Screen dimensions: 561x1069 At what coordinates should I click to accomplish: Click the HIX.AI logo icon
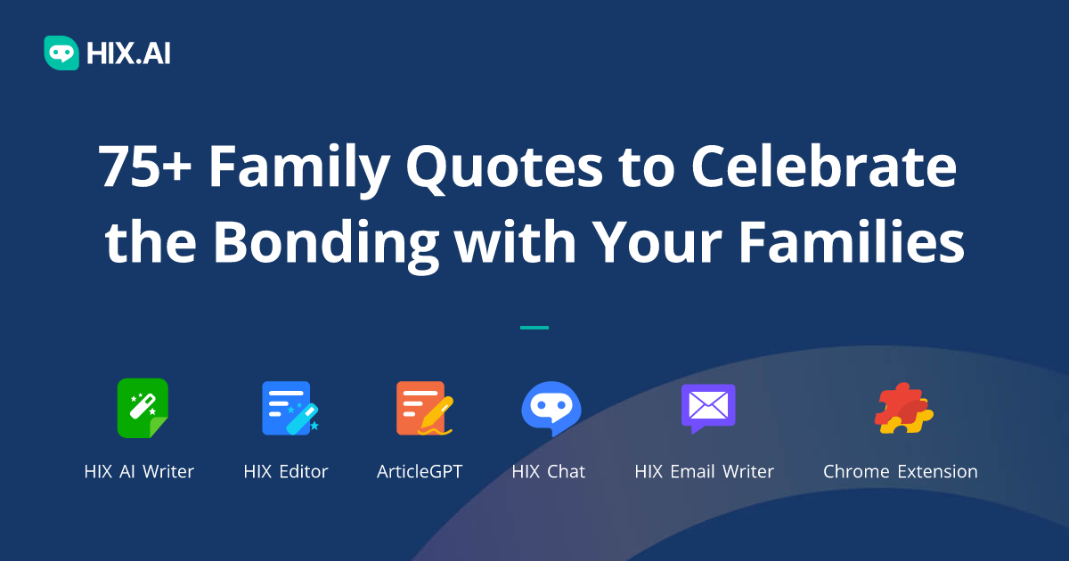click(61, 53)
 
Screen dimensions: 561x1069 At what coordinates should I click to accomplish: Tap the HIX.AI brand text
click(128, 53)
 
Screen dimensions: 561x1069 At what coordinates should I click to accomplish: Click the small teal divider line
click(534, 328)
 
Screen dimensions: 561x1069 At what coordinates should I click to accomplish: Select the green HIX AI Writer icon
click(143, 408)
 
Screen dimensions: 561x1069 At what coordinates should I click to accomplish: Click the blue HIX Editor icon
click(288, 408)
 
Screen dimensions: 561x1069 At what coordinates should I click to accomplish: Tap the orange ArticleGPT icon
click(422, 408)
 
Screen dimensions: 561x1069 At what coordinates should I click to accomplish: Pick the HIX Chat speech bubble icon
click(551, 408)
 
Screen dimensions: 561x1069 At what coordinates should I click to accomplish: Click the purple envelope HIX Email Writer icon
click(707, 408)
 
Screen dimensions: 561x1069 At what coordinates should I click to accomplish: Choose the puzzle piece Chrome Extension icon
click(902, 408)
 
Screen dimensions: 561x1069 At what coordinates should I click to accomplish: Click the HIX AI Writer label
click(139, 472)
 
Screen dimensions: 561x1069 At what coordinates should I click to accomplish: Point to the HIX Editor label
click(286, 472)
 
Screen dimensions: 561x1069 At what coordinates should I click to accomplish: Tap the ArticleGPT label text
click(420, 472)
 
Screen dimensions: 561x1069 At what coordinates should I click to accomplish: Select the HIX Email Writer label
click(704, 472)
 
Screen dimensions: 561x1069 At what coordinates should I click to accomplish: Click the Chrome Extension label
click(900, 472)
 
